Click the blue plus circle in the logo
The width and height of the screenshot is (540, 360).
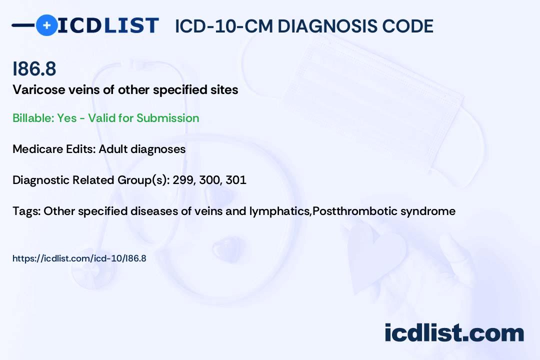pyautogui.click(x=47, y=25)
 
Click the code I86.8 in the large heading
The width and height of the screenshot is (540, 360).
pyautogui.click(x=34, y=68)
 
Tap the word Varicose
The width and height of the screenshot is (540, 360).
pyautogui.click(x=39, y=90)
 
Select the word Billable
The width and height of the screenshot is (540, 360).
pyautogui.click(x=33, y=118)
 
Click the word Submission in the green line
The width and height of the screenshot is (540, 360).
pyautogui.click(x=167, y=118)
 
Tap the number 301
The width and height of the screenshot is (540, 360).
pyautogui.click(x=236, y=180)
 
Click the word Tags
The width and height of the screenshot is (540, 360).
pyautogui.click(x=26, y=211)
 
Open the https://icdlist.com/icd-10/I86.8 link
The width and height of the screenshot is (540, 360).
pyautogui.click(x=79, y=258)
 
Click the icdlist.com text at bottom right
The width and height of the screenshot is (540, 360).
pyautogui.click(x=454, y=333)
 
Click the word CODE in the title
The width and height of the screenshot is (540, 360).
pyautogui.click(x=403, y=26)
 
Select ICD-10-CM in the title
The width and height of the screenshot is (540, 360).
pyautogui.click(x=224, y=26)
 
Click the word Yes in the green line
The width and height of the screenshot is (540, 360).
pyautogui.click(x=66, y=118)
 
